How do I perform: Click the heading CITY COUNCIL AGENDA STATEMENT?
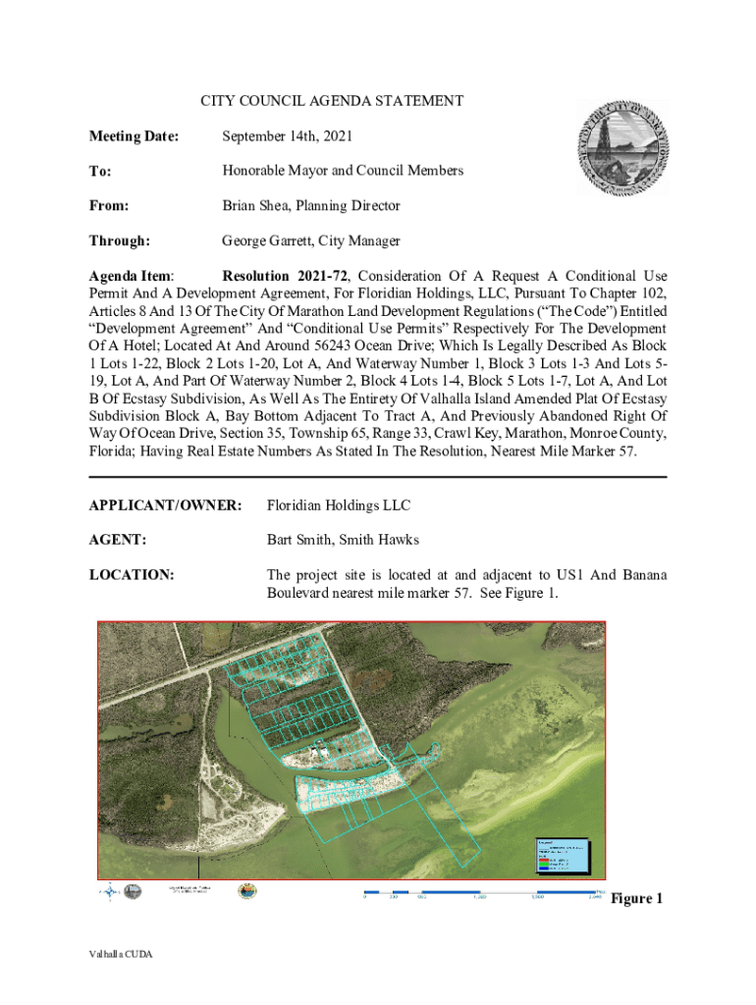(x=332, y=101)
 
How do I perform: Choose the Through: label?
(x=119, y=240)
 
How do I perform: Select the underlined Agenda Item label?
(x=132, y=276)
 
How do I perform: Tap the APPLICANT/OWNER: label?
(x=165, y=505)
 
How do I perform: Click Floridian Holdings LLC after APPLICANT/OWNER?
(x=339, y=505)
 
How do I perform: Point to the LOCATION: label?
(x=132, y=574)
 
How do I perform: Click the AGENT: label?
(x=118, y=539)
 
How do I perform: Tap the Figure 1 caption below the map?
(x=637, y=899)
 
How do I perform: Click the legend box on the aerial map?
(x=566, y=856)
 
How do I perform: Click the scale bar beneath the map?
(x=481, y=894)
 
